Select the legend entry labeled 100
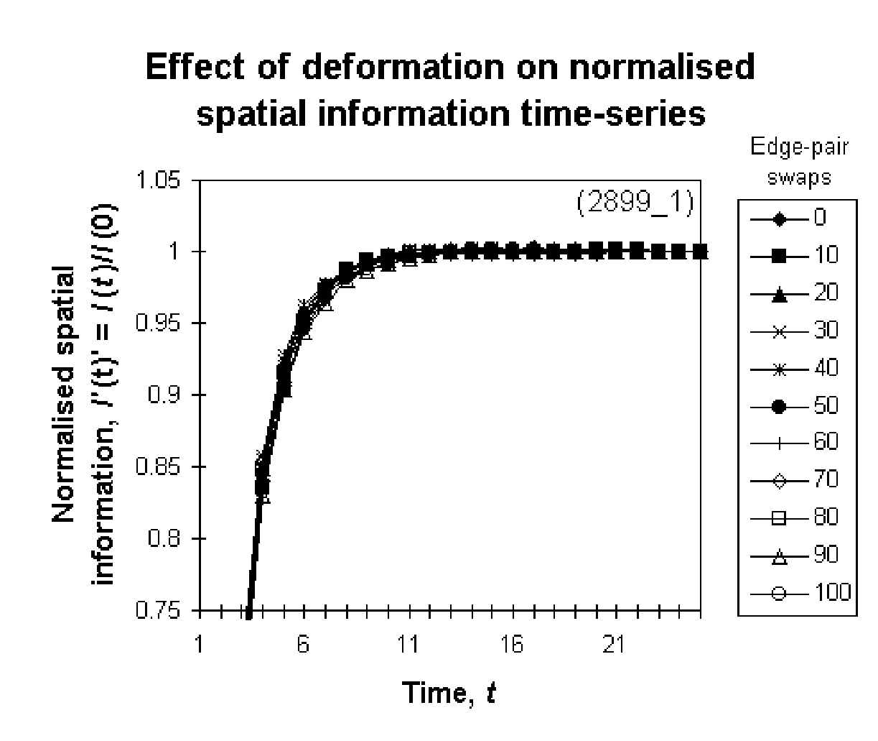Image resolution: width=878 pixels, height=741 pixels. pyautogui.click(x=797, y=592)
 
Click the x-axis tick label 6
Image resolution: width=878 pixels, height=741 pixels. pyautogui.click(x=303, y=645)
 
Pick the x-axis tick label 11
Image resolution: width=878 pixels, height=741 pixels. pyautogui.click(x=407, y=645)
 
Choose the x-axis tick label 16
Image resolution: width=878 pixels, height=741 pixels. pyautogui.click(x=511, y=645)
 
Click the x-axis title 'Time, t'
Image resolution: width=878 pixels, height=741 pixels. pyautogui.click(x=449, y=693)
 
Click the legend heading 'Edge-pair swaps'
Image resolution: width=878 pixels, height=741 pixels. pyautogui.click(x=799, y=163)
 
